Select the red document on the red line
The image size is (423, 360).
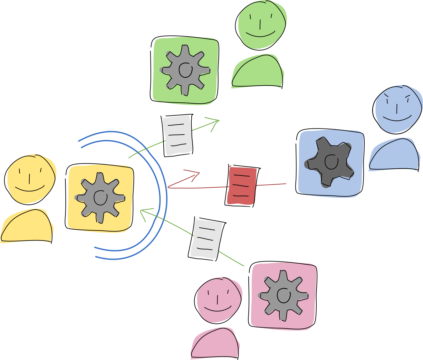(242, 186)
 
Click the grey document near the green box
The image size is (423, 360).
(178, 135)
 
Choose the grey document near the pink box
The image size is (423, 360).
(206, 239)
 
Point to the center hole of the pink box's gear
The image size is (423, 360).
(284, 295)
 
